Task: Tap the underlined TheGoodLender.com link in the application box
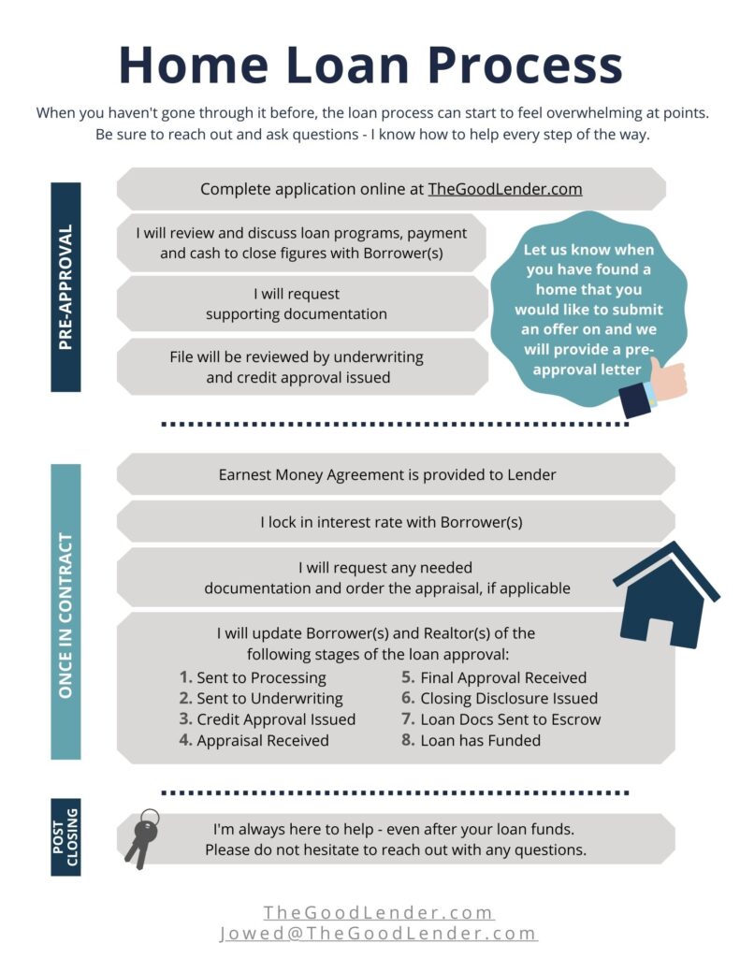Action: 505,189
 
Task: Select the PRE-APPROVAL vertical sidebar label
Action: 65,286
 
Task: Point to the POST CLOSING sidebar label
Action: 65,837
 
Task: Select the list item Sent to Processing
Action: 261,677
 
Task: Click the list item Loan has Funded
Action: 480,740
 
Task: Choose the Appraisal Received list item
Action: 262,740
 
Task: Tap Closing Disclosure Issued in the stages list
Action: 508,698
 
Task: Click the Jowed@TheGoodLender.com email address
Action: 378,934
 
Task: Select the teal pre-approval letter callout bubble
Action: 589,309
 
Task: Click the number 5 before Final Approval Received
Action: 408,677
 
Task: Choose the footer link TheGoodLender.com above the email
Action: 378,912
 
